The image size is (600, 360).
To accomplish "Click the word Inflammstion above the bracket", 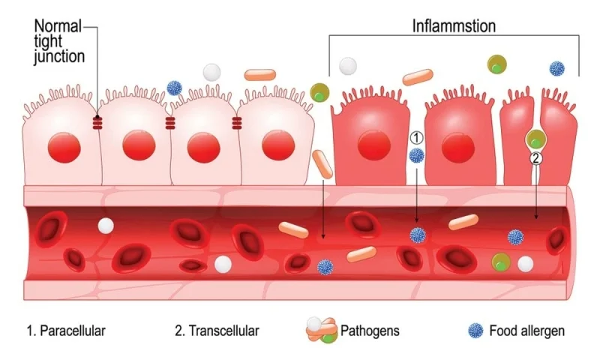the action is click(x=454, y=26).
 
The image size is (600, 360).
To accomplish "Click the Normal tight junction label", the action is click(x=59, y=41).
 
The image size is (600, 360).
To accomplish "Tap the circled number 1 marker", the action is click(x=416, y=138).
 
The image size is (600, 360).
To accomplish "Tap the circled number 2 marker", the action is click(x=535, y=158).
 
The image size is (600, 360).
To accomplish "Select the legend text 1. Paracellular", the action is click(x=66, y=331).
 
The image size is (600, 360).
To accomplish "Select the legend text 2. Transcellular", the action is click(x=217, y=331).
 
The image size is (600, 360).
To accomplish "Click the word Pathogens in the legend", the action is click(x=370, y=331).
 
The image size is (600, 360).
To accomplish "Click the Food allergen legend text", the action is click(x=527, y=331).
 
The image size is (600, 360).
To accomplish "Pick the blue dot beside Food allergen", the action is click(x=475, y=331).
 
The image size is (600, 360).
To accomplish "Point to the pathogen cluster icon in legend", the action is click(x=322, y=330).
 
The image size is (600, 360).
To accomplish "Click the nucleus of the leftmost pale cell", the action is click(x=64, y=148).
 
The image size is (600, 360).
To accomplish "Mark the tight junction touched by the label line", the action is click(x=97, y=123).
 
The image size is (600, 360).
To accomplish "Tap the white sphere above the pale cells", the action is click(x=212, y=72).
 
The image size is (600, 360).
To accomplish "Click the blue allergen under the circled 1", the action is click(x=417, y=155).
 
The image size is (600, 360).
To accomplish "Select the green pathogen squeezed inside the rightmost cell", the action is click(x=535, y=139).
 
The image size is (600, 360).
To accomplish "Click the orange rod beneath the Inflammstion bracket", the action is click(x=418, y=77).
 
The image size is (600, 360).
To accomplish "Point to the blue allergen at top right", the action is click(x=556, y=69).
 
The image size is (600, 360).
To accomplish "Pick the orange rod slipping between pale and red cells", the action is click(x=322, y=164).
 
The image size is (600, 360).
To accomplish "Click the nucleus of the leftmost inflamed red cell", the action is click(x=373, y=145).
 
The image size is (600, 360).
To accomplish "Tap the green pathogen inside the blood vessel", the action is click(x=501, y=262).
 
